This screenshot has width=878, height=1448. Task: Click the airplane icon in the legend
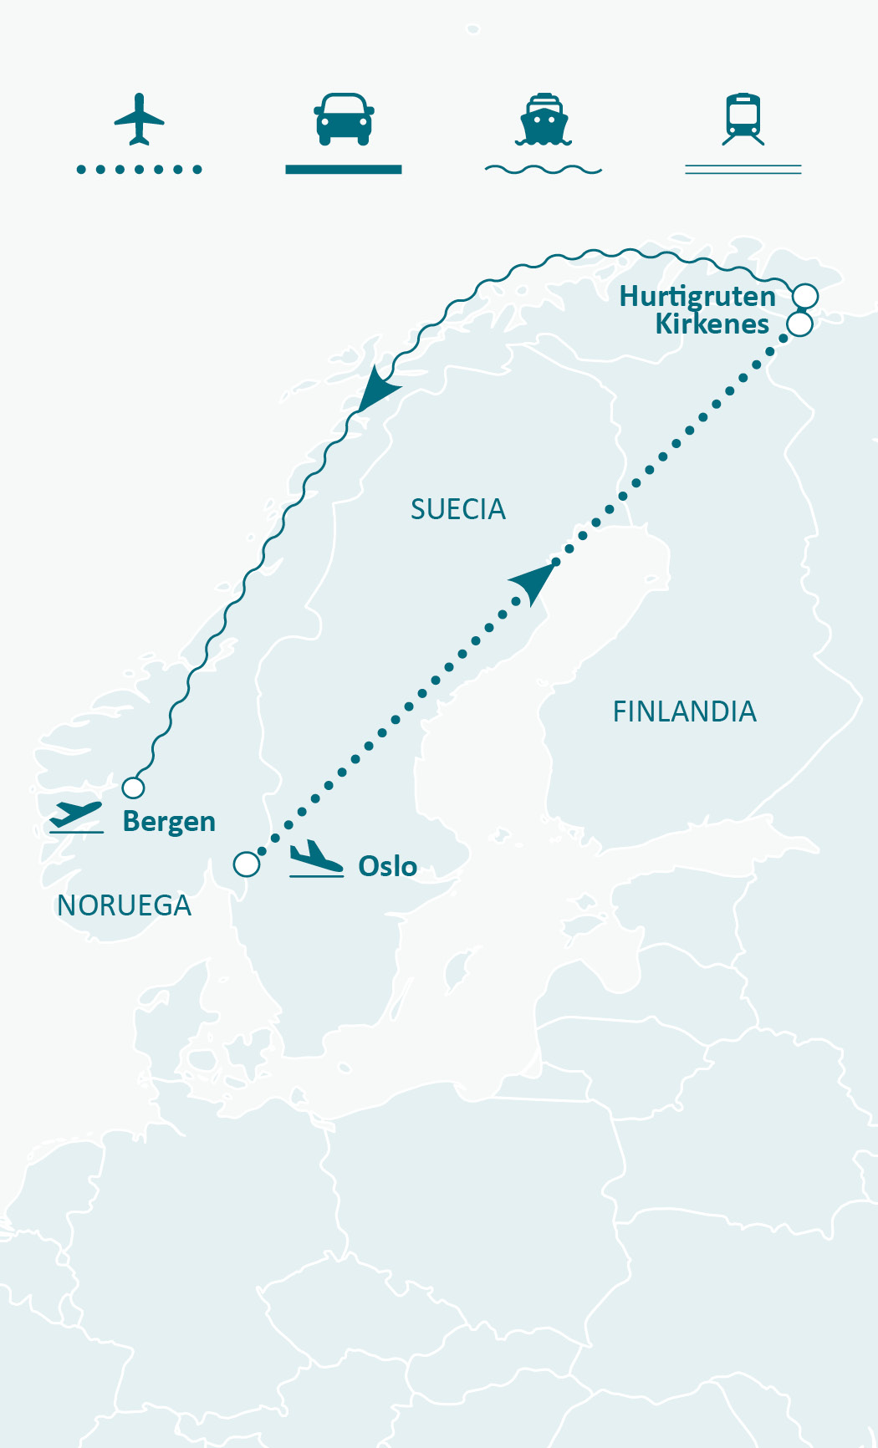click(139, 119)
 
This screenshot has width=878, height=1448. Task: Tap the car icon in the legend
click(344, 119)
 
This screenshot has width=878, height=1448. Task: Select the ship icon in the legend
click(544, 120)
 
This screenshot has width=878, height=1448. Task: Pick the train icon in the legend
click(743, 119)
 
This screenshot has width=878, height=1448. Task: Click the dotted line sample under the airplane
click(139, 170)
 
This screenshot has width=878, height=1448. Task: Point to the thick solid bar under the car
click(344, 170)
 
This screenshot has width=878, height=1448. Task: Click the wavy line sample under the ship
click(544, 170)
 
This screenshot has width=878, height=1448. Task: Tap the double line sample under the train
click(743, 170)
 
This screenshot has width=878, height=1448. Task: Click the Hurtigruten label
click(697, 297)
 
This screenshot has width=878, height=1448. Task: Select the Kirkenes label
click(712, 324)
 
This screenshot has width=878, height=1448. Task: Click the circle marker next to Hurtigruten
click(805, 296)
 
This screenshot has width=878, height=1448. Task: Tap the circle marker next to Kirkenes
click(800, 324)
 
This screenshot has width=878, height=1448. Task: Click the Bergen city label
click(169, 822)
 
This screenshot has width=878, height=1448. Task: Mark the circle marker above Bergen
click(133, 788)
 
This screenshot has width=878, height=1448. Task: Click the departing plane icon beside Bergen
click(76, 817)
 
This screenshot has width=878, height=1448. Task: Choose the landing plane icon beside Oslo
click(316, 859)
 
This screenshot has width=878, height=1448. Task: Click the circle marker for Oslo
click(247, 864)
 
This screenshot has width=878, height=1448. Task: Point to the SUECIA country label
click(457, 509)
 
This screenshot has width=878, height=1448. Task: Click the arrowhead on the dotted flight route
click(535, 582)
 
